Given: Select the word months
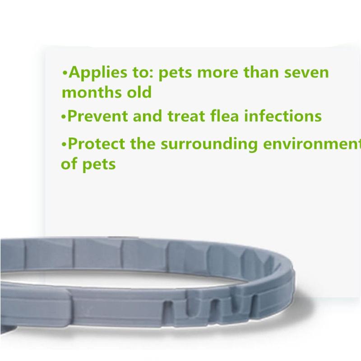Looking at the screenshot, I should (91, 93).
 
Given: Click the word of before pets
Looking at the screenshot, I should (69, 163).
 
